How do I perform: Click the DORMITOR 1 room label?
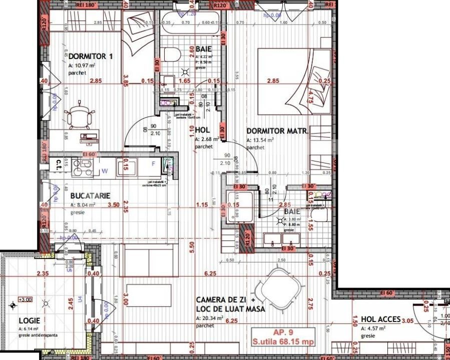pyautogui.click(x=91, y=56)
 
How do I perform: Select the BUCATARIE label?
pyautogui.click(x=90, y=196)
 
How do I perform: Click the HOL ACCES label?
pyautogui.click(x=380, y=319)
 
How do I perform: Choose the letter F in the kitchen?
pyautogui.click(x=153, y=163)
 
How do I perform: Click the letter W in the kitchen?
pyautogui.click(x=105, y=170)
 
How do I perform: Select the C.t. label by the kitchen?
pyautogui.click(x=59, y=163)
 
